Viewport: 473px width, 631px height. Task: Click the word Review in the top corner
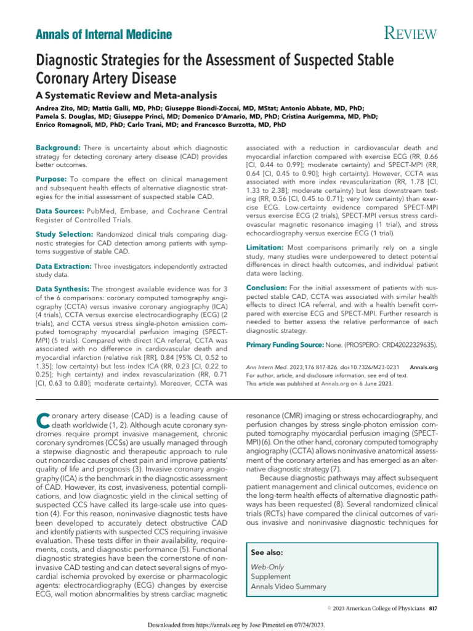(403, 33)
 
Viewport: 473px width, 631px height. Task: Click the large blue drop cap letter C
(42, 420)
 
